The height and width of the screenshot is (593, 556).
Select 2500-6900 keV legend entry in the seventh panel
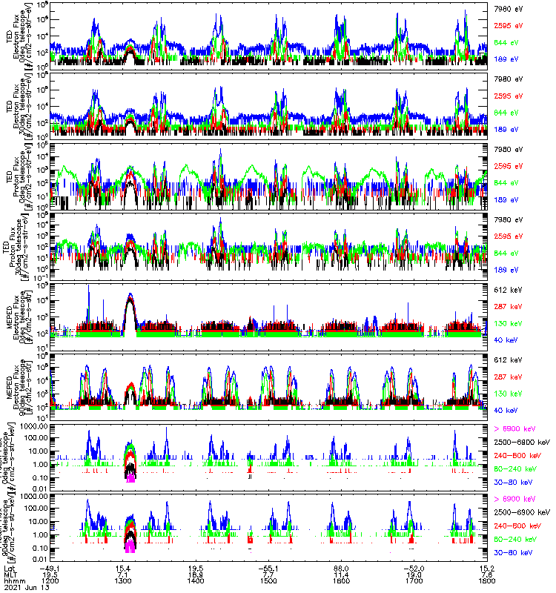pos(523,442)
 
